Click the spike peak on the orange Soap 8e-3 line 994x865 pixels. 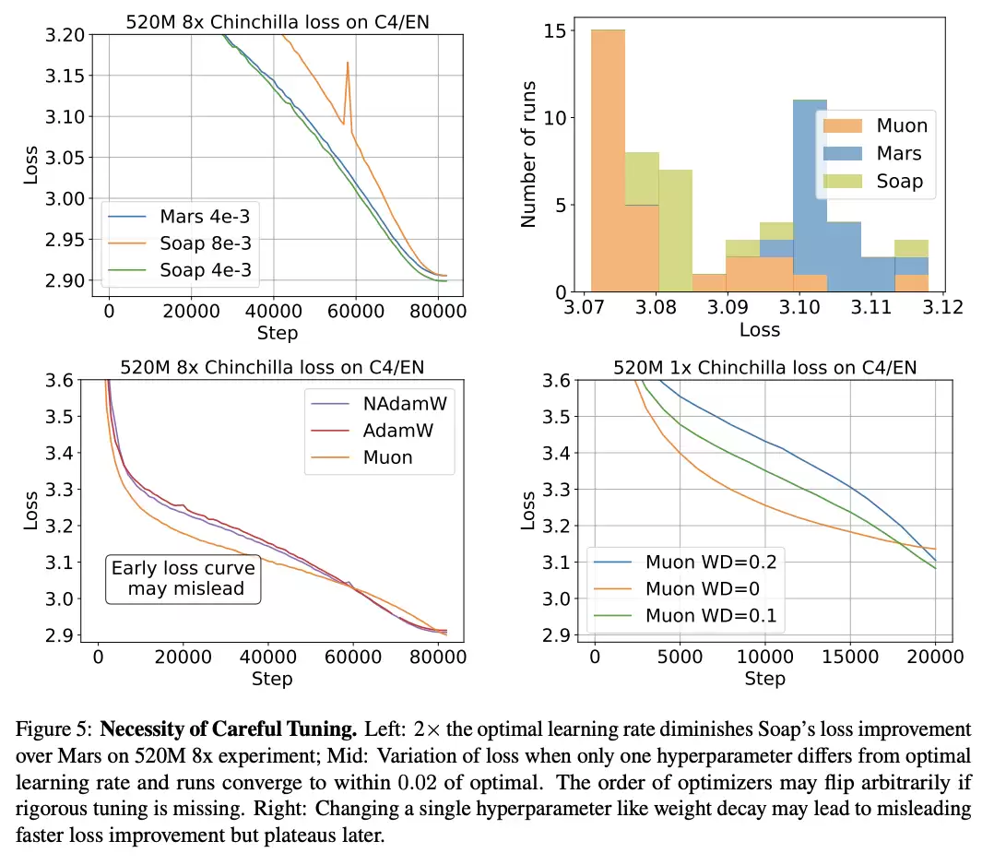point(348,63)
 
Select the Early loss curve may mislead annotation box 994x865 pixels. point(183,578)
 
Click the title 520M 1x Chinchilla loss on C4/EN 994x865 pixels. point(764,368)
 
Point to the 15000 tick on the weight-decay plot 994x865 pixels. point(851,657)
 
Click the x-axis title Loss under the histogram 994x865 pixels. point(760,329)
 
